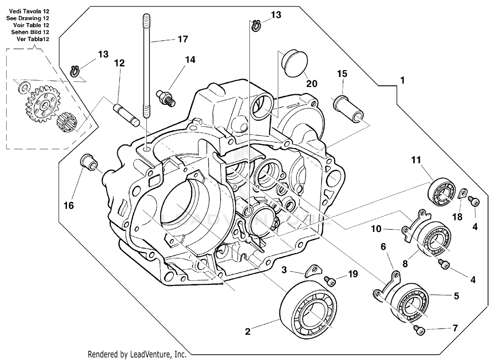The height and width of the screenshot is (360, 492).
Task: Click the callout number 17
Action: click(x=183, y=39)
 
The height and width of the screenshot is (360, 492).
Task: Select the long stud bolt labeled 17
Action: click(x=146, y=66)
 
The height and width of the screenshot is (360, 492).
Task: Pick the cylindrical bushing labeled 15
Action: click(x=349, y=109)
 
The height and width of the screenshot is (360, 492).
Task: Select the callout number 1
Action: click(x=402, y=80)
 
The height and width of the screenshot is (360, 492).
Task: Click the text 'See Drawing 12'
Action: click(x=28, y=18)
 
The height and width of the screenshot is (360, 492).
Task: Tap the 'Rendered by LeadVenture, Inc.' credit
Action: click(x=137, y=354)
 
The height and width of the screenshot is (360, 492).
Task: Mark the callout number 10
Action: click(x=376, y=229)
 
